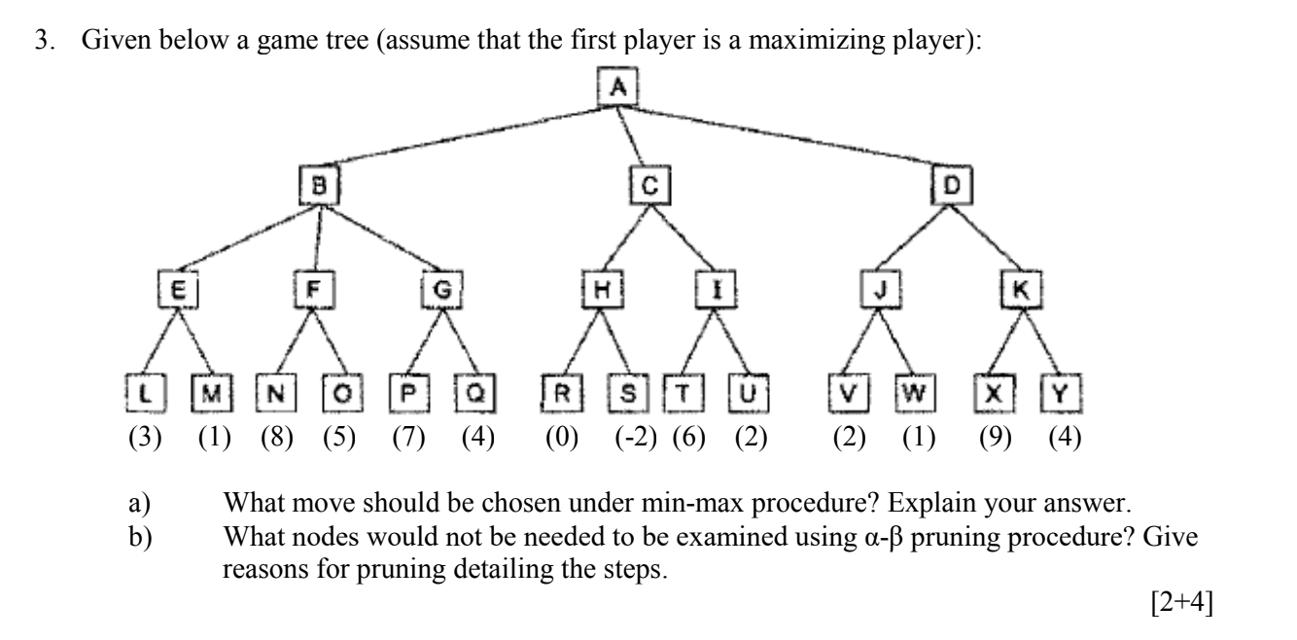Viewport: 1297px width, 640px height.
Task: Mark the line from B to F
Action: click(316, 236)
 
